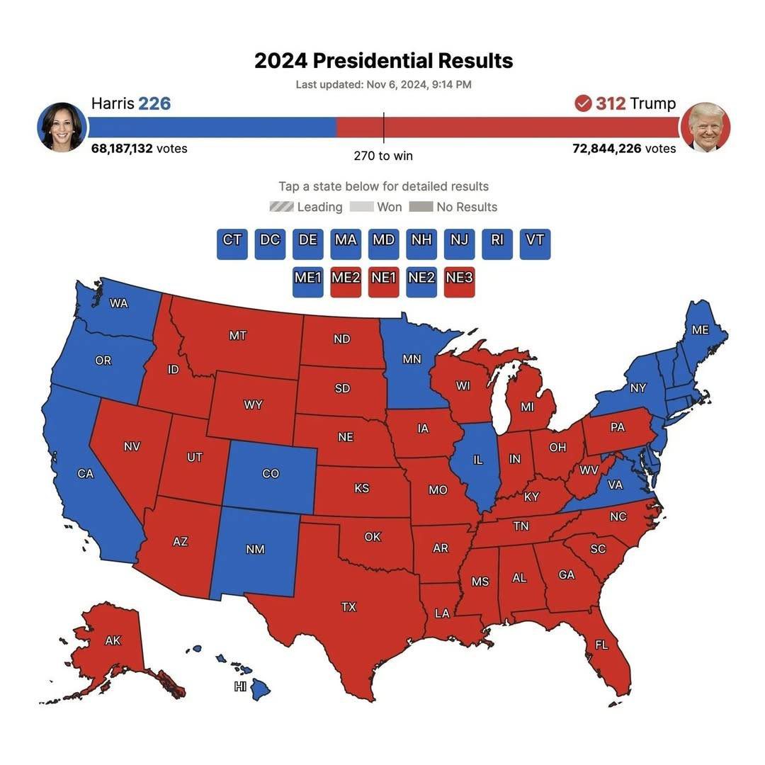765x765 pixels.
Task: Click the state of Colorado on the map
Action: coord(270,473)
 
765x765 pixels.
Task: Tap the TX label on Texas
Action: coord(348,607)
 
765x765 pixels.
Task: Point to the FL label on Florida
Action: coord(601,645)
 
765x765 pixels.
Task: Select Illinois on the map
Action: coord(477,460)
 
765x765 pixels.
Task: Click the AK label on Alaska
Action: coord(113,641)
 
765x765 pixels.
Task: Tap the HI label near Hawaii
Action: coord(240,686)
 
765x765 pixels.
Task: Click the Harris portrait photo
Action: coord(61,127)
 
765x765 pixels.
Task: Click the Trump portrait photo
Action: coord(706,127)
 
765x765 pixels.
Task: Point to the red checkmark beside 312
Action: coord(582,103)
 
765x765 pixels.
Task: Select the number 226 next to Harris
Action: coord(154,103)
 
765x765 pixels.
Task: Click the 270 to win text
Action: coord(383,156)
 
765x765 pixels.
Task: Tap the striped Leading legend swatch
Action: coord(281,207)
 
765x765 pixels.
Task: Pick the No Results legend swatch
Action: coord(421,207)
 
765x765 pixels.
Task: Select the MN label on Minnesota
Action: coord(412,360)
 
